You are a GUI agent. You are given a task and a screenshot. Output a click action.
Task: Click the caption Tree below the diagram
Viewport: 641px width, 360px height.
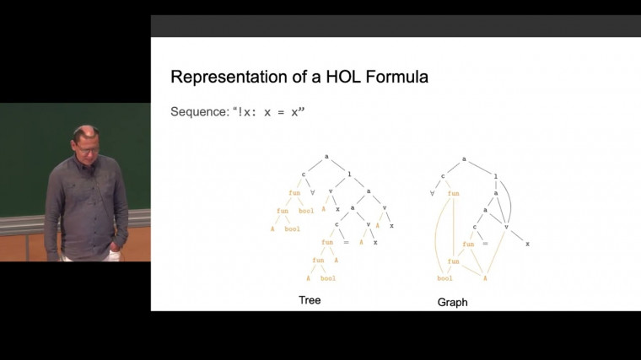(x=310, y=300)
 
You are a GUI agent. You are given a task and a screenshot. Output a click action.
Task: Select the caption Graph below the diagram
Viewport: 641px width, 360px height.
(x=452, y=302)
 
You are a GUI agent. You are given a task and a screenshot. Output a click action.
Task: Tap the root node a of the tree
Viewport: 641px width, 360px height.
(x=326, y=158)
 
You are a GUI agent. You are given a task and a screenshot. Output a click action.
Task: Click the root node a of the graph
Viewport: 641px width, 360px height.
(x=464, y=158)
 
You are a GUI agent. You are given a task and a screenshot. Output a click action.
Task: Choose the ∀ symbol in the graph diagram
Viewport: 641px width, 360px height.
(x=432, y=193)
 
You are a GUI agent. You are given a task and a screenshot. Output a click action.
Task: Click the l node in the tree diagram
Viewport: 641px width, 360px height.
(x=343, y=175)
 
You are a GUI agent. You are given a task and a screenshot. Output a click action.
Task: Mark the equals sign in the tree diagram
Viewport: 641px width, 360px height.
(x=346, y=242)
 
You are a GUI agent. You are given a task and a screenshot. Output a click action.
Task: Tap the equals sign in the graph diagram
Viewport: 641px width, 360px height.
(x=485, y=244)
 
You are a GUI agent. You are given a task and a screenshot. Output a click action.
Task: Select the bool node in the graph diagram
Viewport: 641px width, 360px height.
(x=444, y=277)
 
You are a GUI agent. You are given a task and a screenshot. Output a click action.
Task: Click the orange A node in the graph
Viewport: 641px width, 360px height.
(x=485, y=277)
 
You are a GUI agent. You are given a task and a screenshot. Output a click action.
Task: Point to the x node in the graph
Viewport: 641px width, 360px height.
(x=527, y=244)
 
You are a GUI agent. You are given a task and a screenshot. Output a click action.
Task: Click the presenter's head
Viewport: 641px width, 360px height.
(x=87, y=141)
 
